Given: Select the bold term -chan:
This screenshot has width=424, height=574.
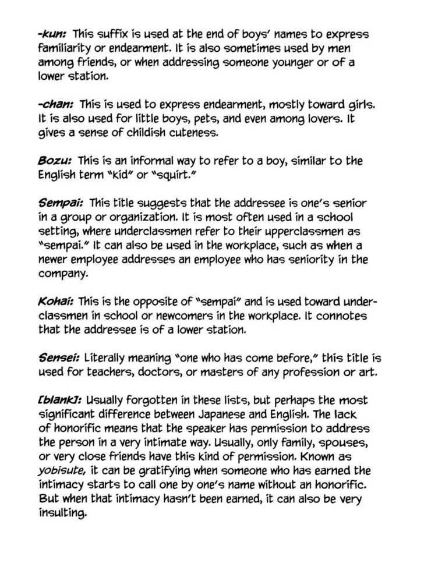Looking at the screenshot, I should [56, 105].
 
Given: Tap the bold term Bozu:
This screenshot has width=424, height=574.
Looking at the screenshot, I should [55, 160].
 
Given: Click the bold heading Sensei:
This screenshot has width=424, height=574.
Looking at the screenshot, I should [59, 357].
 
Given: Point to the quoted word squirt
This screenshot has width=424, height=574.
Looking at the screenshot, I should [190, 174].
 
